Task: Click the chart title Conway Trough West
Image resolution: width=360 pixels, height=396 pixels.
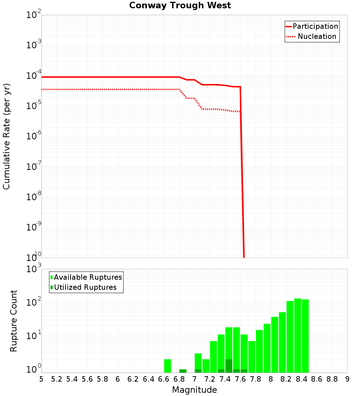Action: pyautogui.click(x=180, y=5)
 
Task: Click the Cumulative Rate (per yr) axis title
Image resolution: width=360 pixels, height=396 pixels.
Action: pyautogui.click(x=6, y=136)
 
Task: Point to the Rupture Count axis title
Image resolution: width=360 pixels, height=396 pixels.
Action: pyautogui.click(x=14, y=321)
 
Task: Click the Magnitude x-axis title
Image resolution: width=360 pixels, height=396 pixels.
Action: pyautogui.click(x=194, y=390)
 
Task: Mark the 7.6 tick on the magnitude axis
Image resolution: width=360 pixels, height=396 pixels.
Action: pyautogui.click(x=240, y=379)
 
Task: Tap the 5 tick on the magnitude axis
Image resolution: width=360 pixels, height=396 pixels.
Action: pyautogui.click(x=41, y=379)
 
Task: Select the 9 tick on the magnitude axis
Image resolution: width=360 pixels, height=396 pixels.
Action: pyautogui.click(x=347, y=379)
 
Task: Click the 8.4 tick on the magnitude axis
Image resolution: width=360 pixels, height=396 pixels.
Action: pyautogui.click(x=301, y=379)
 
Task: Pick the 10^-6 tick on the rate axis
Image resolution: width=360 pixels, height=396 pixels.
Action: pyautogui.click(x=34, y=137)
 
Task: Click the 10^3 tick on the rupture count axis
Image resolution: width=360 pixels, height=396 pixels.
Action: pyautogui.click(x=34, y=269)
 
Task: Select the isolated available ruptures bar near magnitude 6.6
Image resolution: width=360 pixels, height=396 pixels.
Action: pyautogui.click(x=167, y=366)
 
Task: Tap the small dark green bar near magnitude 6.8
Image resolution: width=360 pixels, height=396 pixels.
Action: pyautogui.click(x=183, y=371)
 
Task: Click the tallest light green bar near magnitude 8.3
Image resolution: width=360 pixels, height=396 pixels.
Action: pyautogui.click(x=297, y=335)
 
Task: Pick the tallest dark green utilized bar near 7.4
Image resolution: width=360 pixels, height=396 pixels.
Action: pyautogui.click(x=229, y=366)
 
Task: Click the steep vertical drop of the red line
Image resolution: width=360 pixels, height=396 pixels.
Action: pyautogui.click(x=242, y=173)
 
